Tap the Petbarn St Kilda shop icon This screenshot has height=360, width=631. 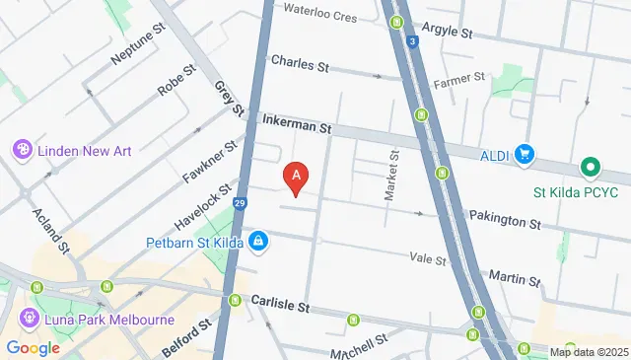point(257,240)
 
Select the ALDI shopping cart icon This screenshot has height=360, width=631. point(524,154)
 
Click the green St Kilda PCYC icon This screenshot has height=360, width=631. point(590,169)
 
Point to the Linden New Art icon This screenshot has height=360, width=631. point(21,149)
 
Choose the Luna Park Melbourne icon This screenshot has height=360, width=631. point(29,320)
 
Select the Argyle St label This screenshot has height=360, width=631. point(447,31)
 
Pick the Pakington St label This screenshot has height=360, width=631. point(505,219)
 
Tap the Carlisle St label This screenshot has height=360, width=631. point(280,301)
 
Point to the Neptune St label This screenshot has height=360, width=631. point(136,44)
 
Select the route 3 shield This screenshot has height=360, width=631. point(411,41)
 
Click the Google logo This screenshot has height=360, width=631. point(33,348)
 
